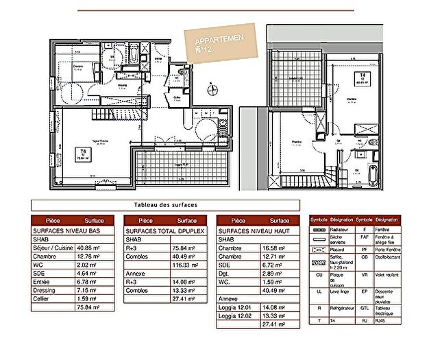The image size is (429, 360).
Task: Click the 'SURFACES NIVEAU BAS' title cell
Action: [x=66, y=230]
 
